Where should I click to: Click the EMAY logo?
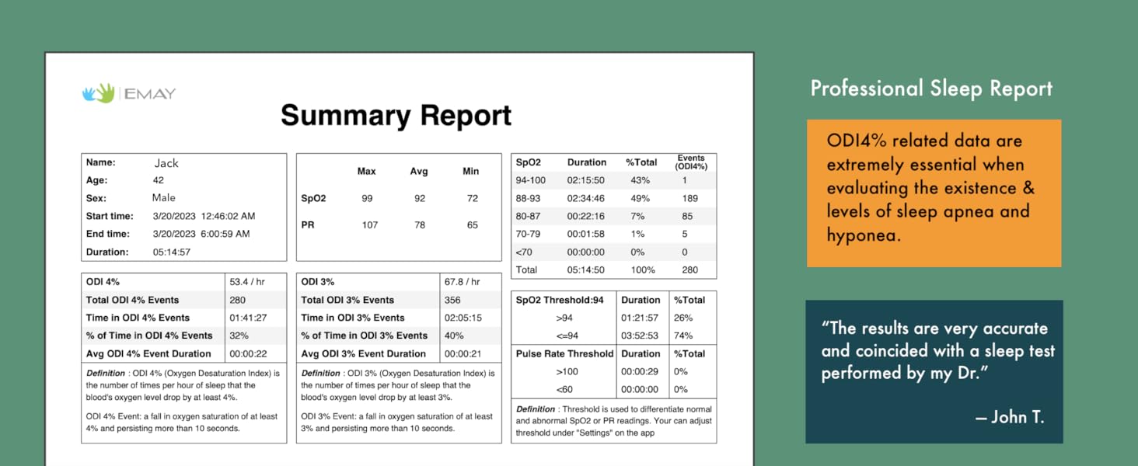tap(129, 94)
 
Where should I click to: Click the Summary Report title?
tap(396, 116)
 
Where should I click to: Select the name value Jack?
tap(166, 163)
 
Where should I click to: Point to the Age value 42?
tap(158, 180)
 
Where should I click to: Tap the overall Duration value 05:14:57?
tap(171, 252)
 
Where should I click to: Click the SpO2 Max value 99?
tap(367, 198)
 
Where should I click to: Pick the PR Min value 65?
tap(472, 224)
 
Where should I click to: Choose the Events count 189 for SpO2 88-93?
tap(689, 198)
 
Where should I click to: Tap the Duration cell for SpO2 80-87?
tap(585, 216)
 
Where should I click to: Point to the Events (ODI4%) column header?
tap(690, 162)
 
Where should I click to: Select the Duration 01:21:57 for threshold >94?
tap(640, 318)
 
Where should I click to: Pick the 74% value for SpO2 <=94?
tap(684, 336)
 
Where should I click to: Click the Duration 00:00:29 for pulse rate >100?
tap(640, 371)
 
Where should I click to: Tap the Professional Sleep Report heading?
tap(931, 89)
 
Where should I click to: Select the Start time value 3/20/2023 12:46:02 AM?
tap(204, 216)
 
